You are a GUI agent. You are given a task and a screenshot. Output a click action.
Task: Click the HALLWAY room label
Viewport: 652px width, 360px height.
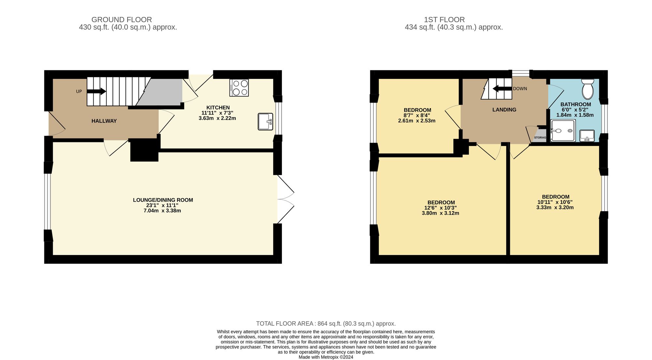coord(104,121)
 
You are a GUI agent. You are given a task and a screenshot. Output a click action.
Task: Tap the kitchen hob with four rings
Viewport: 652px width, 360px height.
coord(239,88)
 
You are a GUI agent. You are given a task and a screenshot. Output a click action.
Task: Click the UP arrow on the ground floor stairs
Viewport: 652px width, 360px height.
coord(96,92)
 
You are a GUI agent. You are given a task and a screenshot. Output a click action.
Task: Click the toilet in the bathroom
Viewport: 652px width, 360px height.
coord(588,89)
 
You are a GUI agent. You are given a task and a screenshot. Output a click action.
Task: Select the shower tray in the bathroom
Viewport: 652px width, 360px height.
coord(563,131)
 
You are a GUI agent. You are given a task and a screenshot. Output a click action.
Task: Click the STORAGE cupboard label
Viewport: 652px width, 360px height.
coord(540,137)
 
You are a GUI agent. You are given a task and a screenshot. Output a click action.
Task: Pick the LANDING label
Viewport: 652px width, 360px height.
coord(504,110)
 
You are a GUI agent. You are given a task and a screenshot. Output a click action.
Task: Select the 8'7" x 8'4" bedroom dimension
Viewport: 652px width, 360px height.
coord(417,115)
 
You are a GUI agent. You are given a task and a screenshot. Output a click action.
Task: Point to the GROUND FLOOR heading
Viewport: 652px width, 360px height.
coord(122,20)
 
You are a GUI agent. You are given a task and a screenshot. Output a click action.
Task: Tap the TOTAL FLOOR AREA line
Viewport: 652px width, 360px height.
coord(326,324)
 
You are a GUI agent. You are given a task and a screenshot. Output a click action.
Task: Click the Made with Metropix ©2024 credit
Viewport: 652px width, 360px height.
coord(326,357)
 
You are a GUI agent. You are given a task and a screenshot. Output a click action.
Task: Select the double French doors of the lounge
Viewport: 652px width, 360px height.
coord(285,199)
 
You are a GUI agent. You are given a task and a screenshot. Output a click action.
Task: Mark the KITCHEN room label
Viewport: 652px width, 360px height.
coord(218,108)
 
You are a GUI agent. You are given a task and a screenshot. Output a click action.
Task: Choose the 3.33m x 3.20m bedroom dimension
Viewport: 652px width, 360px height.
coord(555,208)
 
